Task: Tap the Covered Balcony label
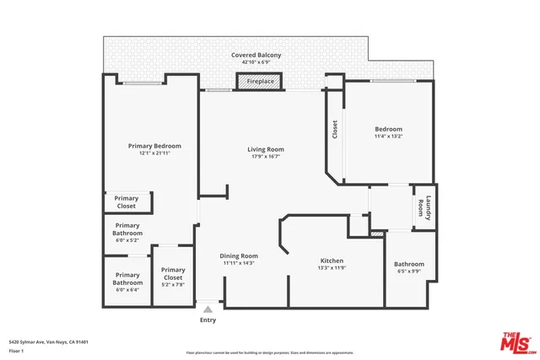point(256,55)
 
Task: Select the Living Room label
point(265,149)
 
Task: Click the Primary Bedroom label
point(154,146)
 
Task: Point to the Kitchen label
point(331,261)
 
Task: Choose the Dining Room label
point(239,255)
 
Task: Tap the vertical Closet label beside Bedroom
point(335,129)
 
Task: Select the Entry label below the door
point(208,320)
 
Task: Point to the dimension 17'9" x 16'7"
point(265,157)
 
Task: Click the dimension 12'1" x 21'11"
point(154,153)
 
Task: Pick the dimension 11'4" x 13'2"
point(389,137)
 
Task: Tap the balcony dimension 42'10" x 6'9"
point(256,62)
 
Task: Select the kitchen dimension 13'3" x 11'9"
point(331,268)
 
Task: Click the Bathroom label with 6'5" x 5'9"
point(409,264)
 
